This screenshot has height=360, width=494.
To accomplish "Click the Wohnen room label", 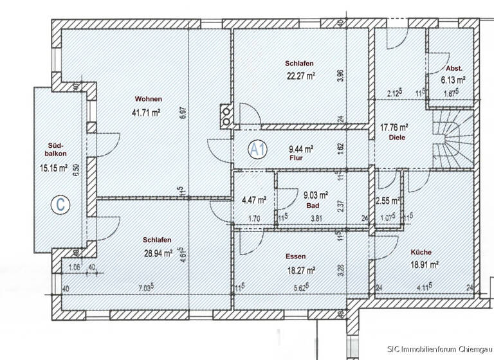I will point(148,99).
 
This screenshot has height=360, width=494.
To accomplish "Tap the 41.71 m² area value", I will point(145,112).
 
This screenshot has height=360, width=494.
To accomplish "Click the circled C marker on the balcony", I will point(60,205).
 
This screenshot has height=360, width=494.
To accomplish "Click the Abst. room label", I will point(453,68).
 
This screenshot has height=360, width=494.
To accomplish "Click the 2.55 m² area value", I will point(389,201).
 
